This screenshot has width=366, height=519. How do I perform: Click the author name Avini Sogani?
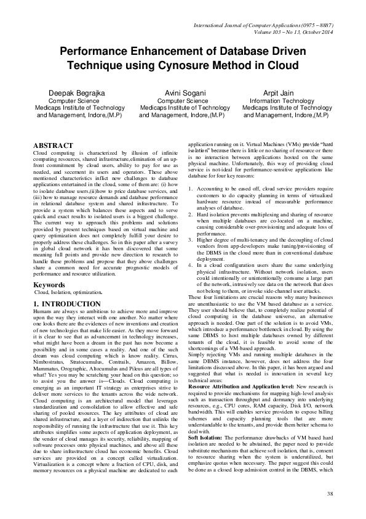[x=183, y=92]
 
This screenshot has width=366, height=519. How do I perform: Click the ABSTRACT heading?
[x=53, y=145]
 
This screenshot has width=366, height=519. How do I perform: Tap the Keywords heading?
[x=49, y=285]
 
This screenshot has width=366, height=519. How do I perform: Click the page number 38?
[x=330, y=494]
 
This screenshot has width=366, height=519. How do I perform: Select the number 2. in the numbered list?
[x=191, y=213]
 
